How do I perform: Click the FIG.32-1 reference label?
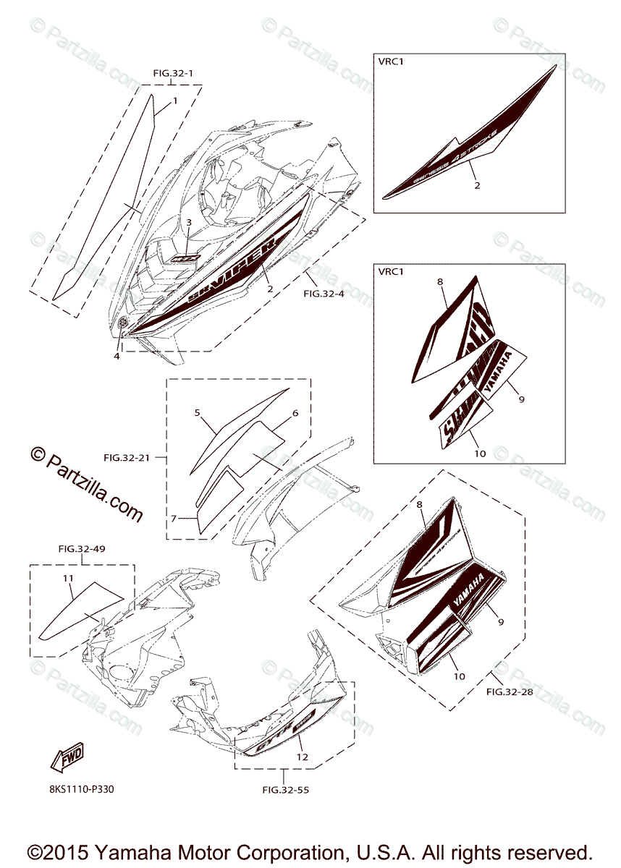pos(173,73)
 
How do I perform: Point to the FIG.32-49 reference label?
pos(82,549)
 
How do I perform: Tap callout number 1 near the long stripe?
pos(174,101)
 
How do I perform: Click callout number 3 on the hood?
pos(188,223)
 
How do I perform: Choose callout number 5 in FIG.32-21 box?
pos(196,412)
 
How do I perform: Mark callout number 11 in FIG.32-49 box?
pos(67,578)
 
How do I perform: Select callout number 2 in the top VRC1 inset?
pos(477,186)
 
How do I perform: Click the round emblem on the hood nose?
pos(122,325)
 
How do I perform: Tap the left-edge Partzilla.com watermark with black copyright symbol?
pos(87,484)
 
